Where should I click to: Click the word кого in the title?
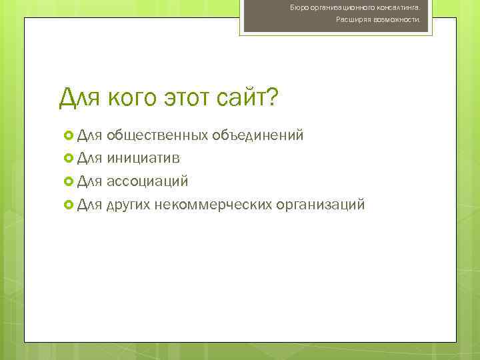pyautogui.click(x=131, y=99)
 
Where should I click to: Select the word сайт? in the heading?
pyautogui.click(x=247, y=99)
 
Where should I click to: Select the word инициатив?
pyautogui.click(x=142, y=158)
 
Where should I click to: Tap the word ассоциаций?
pyautogui.click(x=147, y=181)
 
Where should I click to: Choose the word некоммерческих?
pyautogui.click(x=213, y=203)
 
